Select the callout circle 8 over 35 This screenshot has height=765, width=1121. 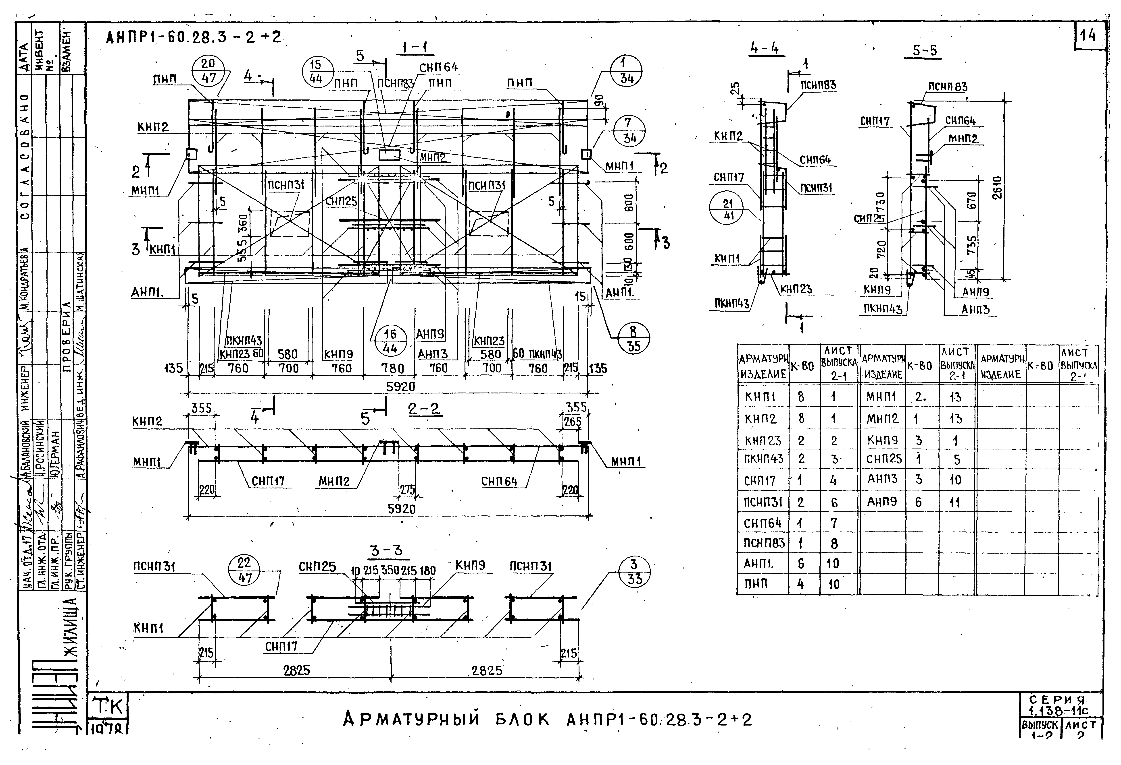coord(633,338)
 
